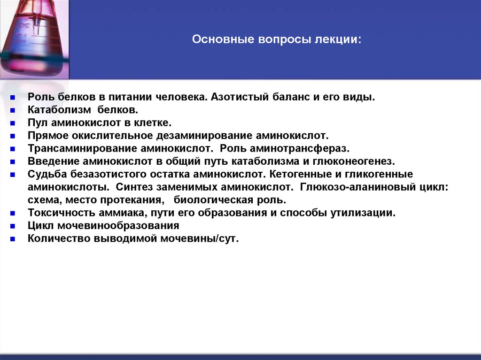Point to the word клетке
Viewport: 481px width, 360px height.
click(155, 123)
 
